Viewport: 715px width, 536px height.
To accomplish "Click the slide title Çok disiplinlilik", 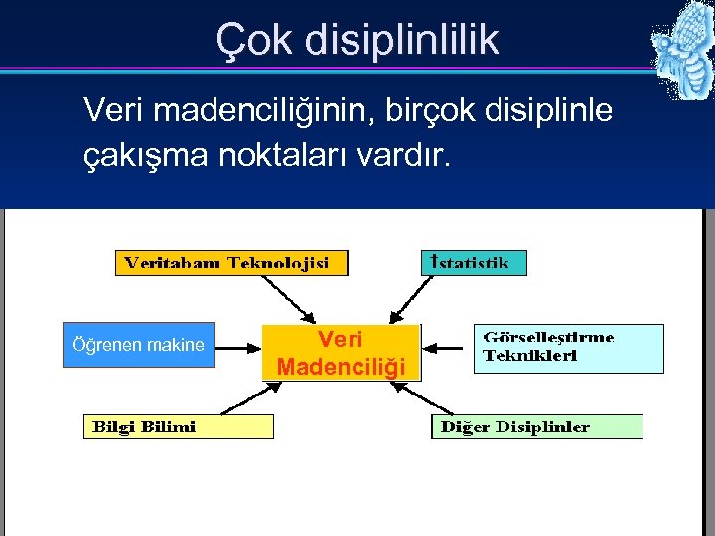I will (x=357, y=40).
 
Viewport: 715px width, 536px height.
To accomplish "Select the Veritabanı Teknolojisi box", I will (x=232, y=263).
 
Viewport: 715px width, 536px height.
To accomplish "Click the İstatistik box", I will (x=474, y=263).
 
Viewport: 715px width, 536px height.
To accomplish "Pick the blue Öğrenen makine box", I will (x=138, y=345).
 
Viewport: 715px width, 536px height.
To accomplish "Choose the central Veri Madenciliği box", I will (x=342, y=353).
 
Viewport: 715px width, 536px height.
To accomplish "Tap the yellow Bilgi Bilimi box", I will (x=177, y=427).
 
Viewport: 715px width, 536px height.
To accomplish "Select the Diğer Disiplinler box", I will (x=536, y=427).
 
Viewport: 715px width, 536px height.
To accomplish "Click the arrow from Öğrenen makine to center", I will (x=238, y=348).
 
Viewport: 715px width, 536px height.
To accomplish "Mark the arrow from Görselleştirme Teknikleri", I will (x=446, y=348).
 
